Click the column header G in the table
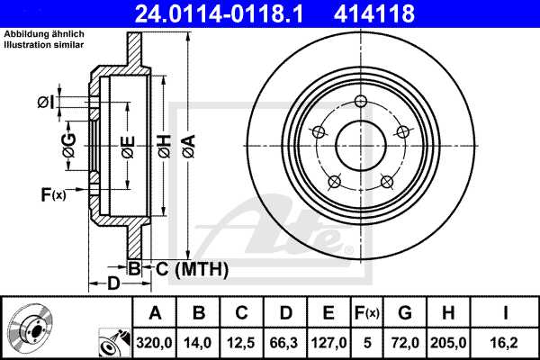click(405, 313)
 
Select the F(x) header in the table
click(367, 313)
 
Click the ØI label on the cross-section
click(46, 103)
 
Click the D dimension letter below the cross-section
click(113, 284)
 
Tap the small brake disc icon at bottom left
click(31, 328)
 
